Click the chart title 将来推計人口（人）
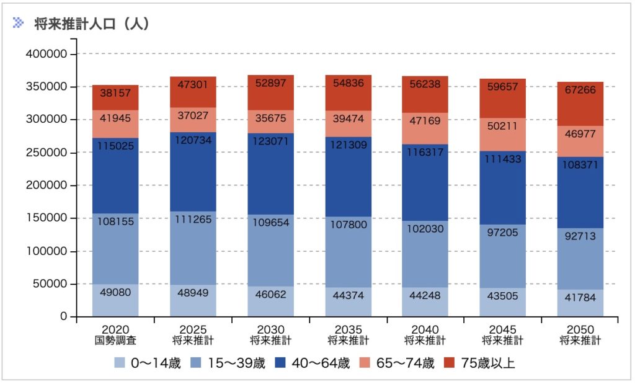coord(92,24)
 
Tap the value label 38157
coord(115,93)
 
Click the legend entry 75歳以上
coord(481,363)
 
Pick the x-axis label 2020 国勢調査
coord(115,334)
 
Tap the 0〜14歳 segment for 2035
coord(348,302)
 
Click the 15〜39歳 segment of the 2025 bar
coord(193,248)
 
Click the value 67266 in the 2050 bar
coord(580,89)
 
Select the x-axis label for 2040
coord(425,334)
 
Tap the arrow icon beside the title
coord(19,23)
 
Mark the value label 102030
coord(425,229)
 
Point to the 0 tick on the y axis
coord(64,317)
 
